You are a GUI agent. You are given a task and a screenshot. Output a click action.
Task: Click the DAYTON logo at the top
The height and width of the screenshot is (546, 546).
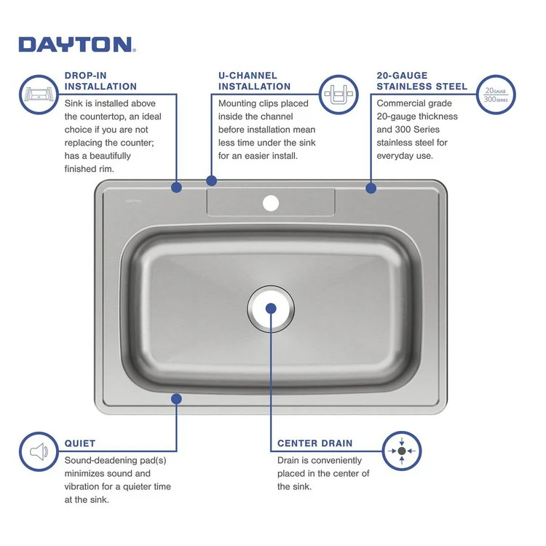(76, 44)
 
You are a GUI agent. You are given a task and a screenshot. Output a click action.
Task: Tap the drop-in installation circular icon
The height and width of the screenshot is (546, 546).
(39, 94)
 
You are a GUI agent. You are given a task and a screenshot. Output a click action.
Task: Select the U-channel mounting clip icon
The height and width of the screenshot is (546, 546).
(340, 94)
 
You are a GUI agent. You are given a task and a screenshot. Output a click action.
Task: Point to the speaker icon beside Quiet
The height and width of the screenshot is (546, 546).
(39, 452)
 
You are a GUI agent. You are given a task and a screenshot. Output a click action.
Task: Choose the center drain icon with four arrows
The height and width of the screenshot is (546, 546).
(402, 451)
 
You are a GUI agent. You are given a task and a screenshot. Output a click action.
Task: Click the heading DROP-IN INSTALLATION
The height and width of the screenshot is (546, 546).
(100, 81)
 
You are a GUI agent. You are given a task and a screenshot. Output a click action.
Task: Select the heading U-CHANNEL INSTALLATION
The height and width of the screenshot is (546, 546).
(254, 81)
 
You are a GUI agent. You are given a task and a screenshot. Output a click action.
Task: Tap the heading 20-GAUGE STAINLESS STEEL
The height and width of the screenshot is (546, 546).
(422, 81)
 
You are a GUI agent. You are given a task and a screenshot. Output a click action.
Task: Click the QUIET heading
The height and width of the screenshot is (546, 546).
(80, 443)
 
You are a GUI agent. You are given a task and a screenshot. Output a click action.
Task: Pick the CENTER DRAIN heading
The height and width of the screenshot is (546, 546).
(314, 443)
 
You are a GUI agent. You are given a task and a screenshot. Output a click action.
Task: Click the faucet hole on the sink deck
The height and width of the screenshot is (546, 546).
(271, 202)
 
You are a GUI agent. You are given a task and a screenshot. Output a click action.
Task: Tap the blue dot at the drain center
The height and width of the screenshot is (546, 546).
(271, 308)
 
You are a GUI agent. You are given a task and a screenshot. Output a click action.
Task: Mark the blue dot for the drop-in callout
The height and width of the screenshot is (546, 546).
(176, 187)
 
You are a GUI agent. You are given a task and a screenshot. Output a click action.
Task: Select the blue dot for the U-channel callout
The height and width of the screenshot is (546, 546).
(212, 180)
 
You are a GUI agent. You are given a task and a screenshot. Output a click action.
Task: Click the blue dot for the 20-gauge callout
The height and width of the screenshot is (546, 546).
(371, 188)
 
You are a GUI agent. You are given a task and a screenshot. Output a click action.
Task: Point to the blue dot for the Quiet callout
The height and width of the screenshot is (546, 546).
(176, 398)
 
